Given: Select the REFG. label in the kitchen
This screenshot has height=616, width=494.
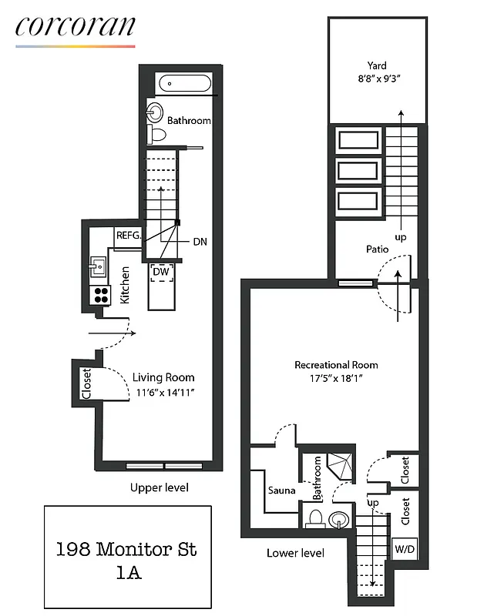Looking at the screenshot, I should (128, 236).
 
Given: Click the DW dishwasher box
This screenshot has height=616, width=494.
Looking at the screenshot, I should (161, 272).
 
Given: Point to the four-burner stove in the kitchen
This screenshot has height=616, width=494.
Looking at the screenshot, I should (102, 293).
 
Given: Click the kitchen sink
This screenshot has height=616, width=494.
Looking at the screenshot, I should (99, 267).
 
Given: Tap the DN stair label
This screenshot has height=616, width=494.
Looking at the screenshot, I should (200, 242).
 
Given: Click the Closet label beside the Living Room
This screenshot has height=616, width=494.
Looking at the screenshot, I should (86, 383).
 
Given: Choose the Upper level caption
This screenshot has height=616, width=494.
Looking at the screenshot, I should (160, 487).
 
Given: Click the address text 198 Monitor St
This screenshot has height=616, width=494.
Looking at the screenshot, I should (127, 549).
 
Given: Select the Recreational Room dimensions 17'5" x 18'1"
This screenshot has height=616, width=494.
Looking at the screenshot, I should (336, 379).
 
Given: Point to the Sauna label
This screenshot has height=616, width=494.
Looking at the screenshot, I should (282, 490).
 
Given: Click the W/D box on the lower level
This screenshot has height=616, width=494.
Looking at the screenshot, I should (404, 550).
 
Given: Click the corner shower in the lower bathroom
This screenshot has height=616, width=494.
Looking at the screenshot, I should (338, 466).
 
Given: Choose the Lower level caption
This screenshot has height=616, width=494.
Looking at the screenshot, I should (295, 553).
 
